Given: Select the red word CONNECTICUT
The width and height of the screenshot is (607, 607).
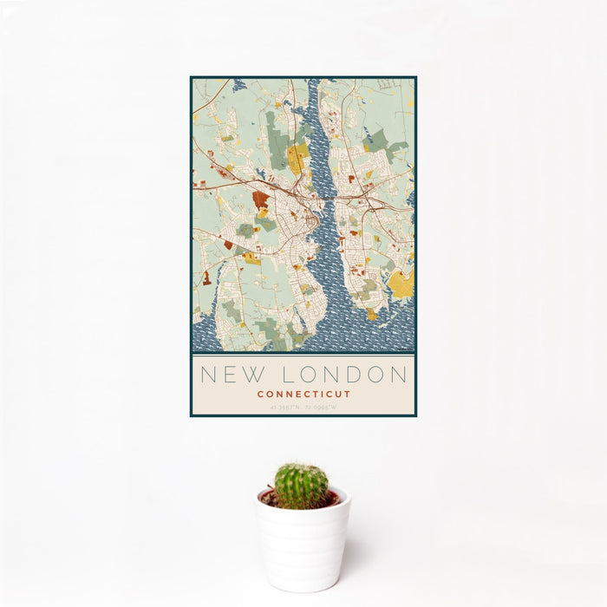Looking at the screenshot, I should click(x=303, y=394).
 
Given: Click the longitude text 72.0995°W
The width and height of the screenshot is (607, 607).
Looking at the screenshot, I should click(x=321, y=407).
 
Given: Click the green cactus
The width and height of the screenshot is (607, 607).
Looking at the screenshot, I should click(x=301, y=485).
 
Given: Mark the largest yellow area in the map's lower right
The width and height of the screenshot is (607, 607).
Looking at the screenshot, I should click(x=401, y=284).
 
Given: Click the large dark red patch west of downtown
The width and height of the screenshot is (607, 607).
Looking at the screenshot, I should click(x=259, y=200).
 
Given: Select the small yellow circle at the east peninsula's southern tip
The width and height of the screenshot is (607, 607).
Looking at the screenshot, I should click(x=371, y=315).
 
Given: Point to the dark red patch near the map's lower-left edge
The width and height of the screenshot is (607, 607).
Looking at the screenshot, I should click(x=206, y=278).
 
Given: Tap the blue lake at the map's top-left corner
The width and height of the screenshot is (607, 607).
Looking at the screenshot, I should click(x=238, y=84).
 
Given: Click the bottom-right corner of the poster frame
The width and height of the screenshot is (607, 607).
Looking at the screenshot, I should click(x=415, y=415).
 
